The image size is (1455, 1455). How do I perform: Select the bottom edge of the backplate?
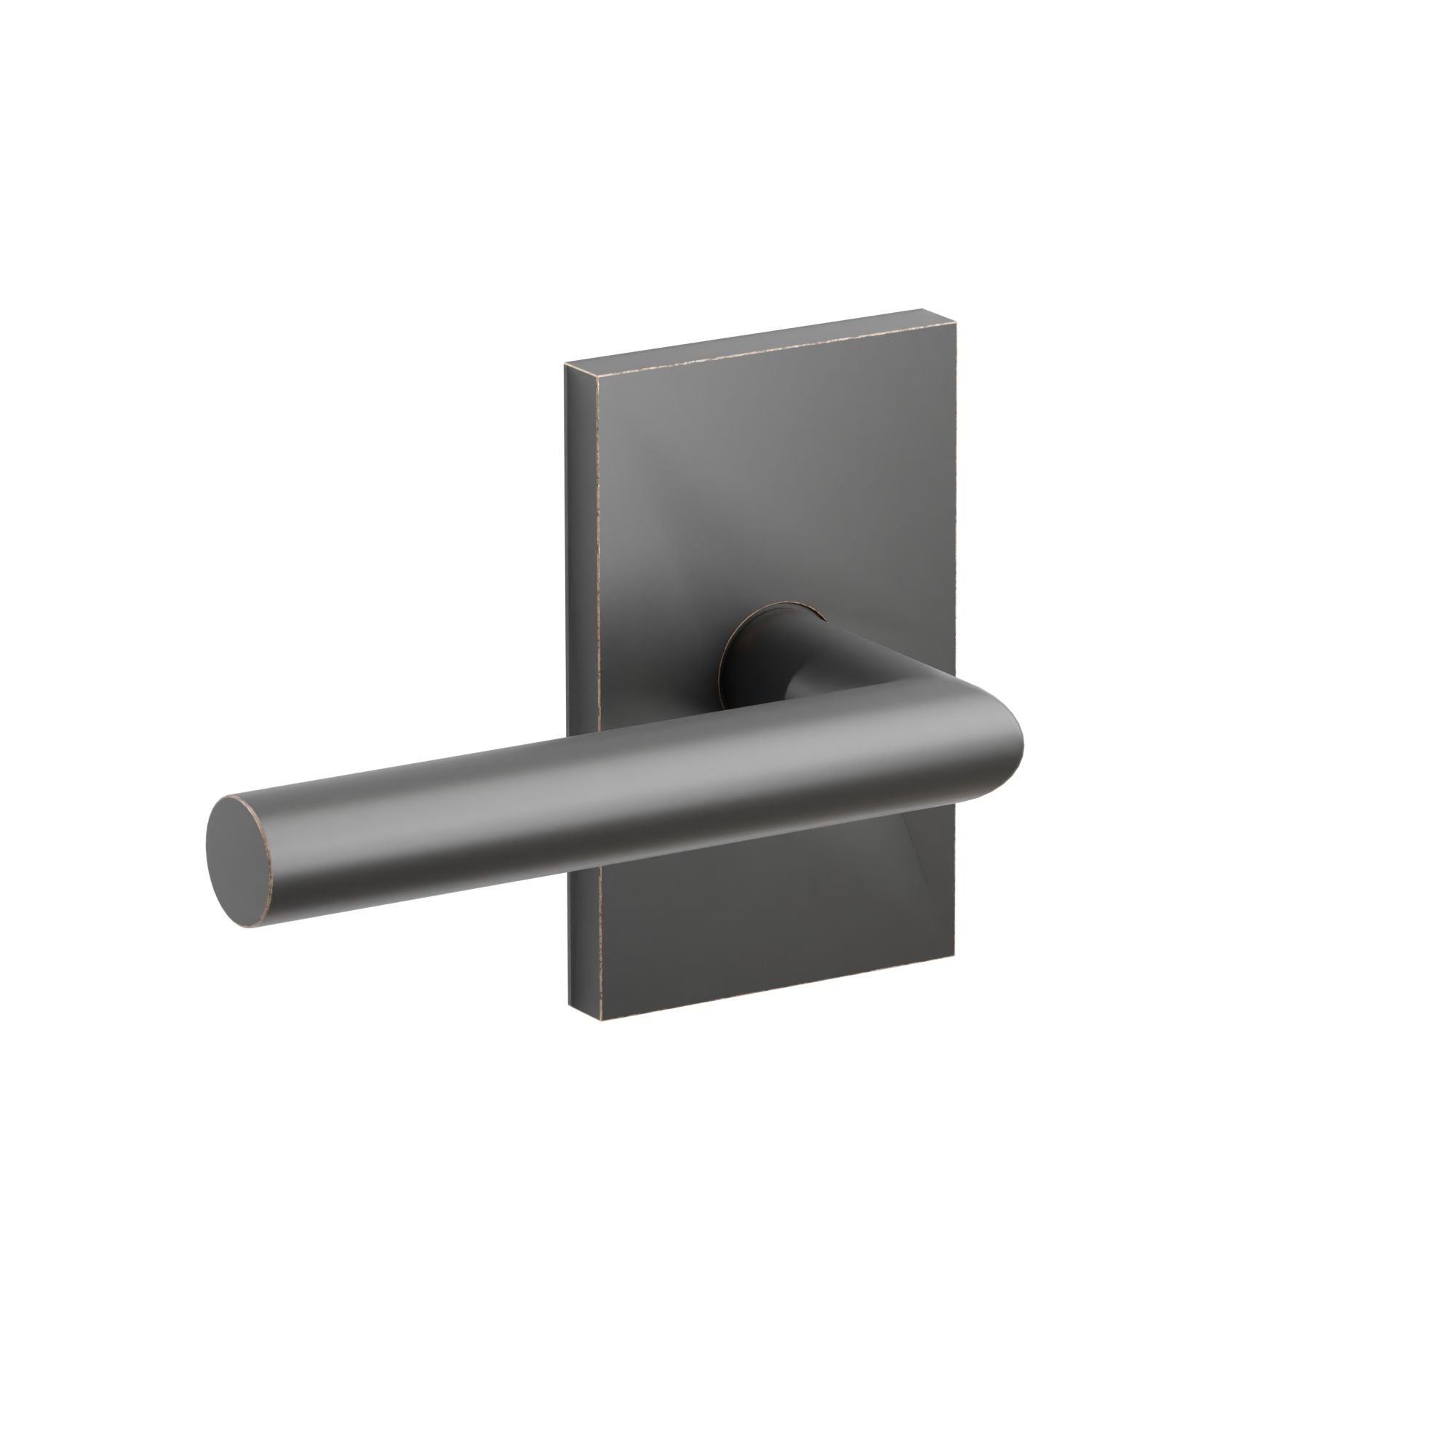click(776, 989)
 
